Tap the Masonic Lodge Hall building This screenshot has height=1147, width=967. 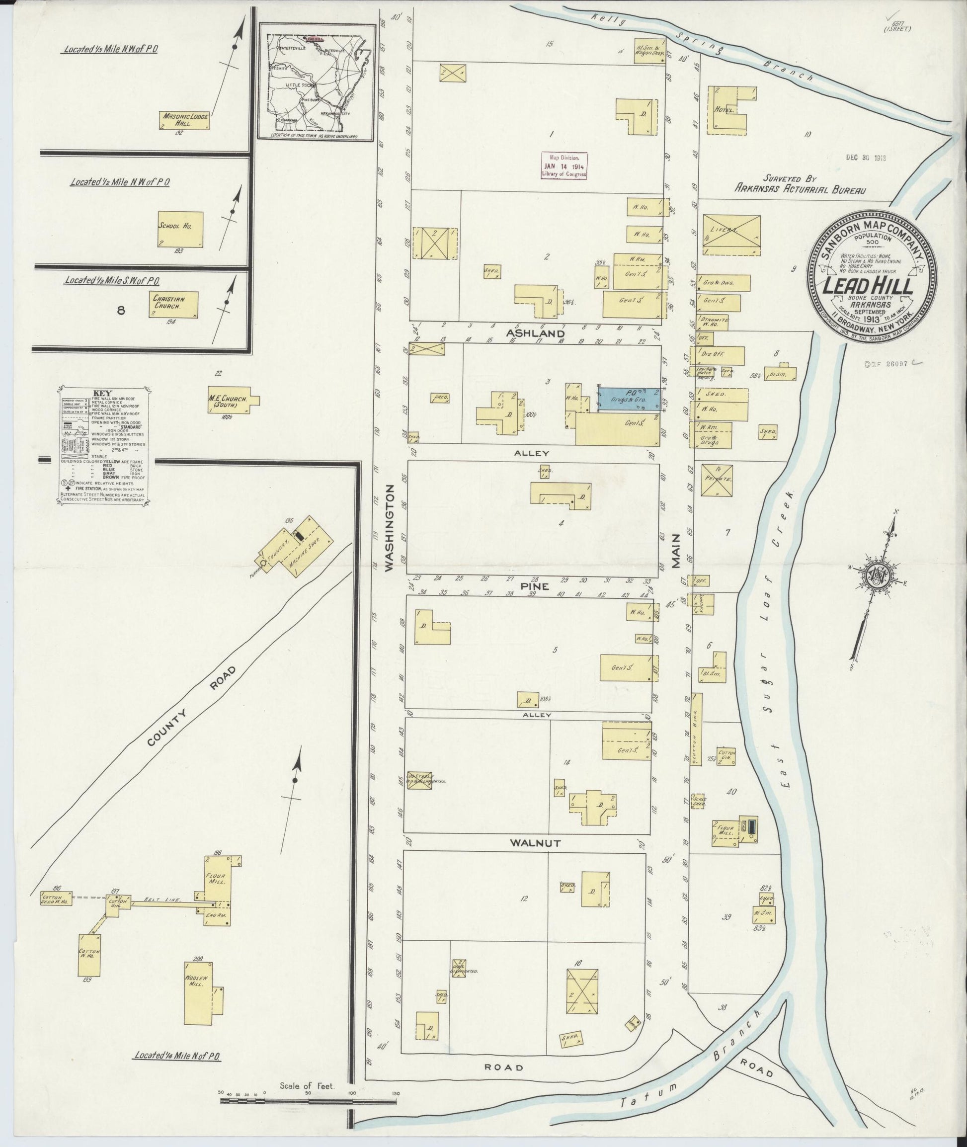pos(185,121)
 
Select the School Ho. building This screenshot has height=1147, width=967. pos(180,229)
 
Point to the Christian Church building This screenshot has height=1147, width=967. pos(173,304)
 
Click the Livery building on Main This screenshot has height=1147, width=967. pos(732,235)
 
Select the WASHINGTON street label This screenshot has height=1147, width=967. pos(390,529)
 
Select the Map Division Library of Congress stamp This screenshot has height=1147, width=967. pos(564,165)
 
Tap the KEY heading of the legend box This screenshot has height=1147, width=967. pos(103,393)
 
